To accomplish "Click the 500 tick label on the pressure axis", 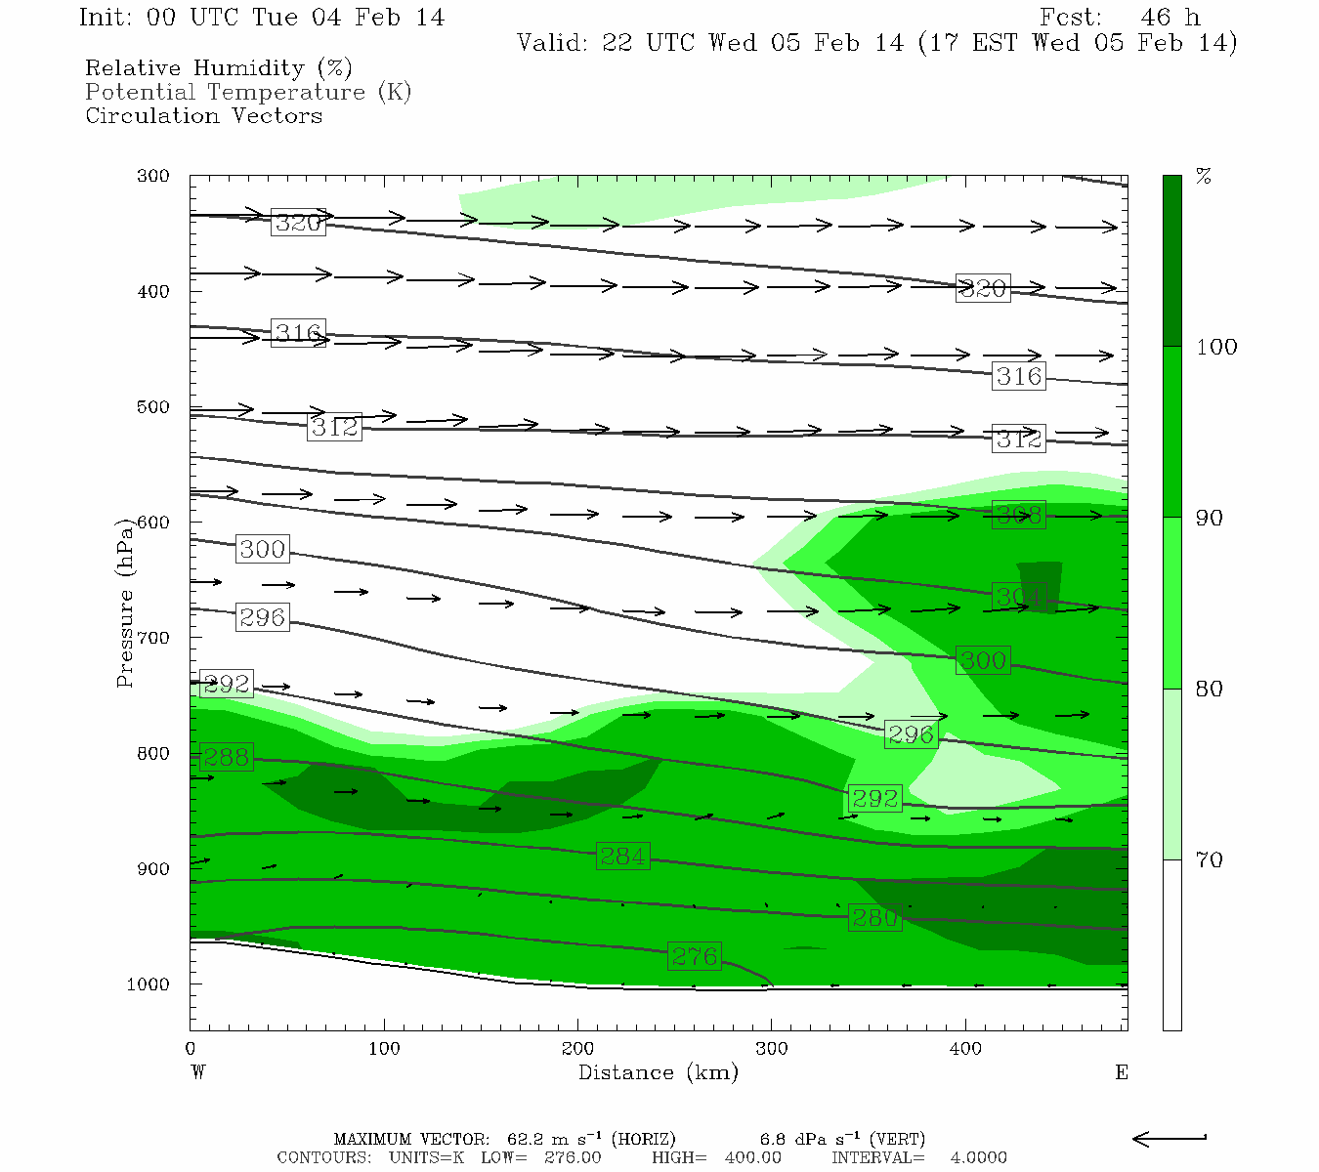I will click(x=153, y=407).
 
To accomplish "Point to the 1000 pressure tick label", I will click(x=148, y=984).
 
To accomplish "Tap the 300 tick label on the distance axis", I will click(x=772, y=1049).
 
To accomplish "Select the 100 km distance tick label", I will click(x=384, y=1049).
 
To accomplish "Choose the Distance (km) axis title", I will click(x=658, y=1072).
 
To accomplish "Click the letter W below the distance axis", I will click(x=198, y=1072).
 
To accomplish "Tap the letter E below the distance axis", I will click(x=1122, y=1072).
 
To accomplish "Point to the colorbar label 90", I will click(x=1210, y=518).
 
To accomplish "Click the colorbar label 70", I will click(x=1210, y=860).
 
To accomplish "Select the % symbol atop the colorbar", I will click(x=1204, y=177).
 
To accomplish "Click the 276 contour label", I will click(x=695, y=956).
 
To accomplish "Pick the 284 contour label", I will click(x=622, y=857).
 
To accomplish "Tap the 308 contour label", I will click(x=1018, y=515).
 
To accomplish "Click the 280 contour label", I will click(x=874, y=918).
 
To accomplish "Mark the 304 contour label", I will click(x=1018, y=596).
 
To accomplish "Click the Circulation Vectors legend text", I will click(x=203, y=116).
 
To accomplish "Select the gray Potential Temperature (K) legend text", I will click(x=248, y=93).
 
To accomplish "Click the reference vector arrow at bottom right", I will click(x=1170, y=1138).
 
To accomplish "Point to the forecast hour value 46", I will click(x=1156, y=18).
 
